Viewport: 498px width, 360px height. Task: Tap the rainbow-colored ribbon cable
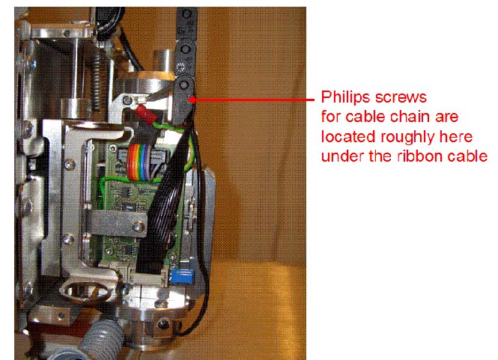pos(141,158)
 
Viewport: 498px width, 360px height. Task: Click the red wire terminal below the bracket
pos(142,112)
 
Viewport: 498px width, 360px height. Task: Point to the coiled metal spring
pos(96,71)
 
